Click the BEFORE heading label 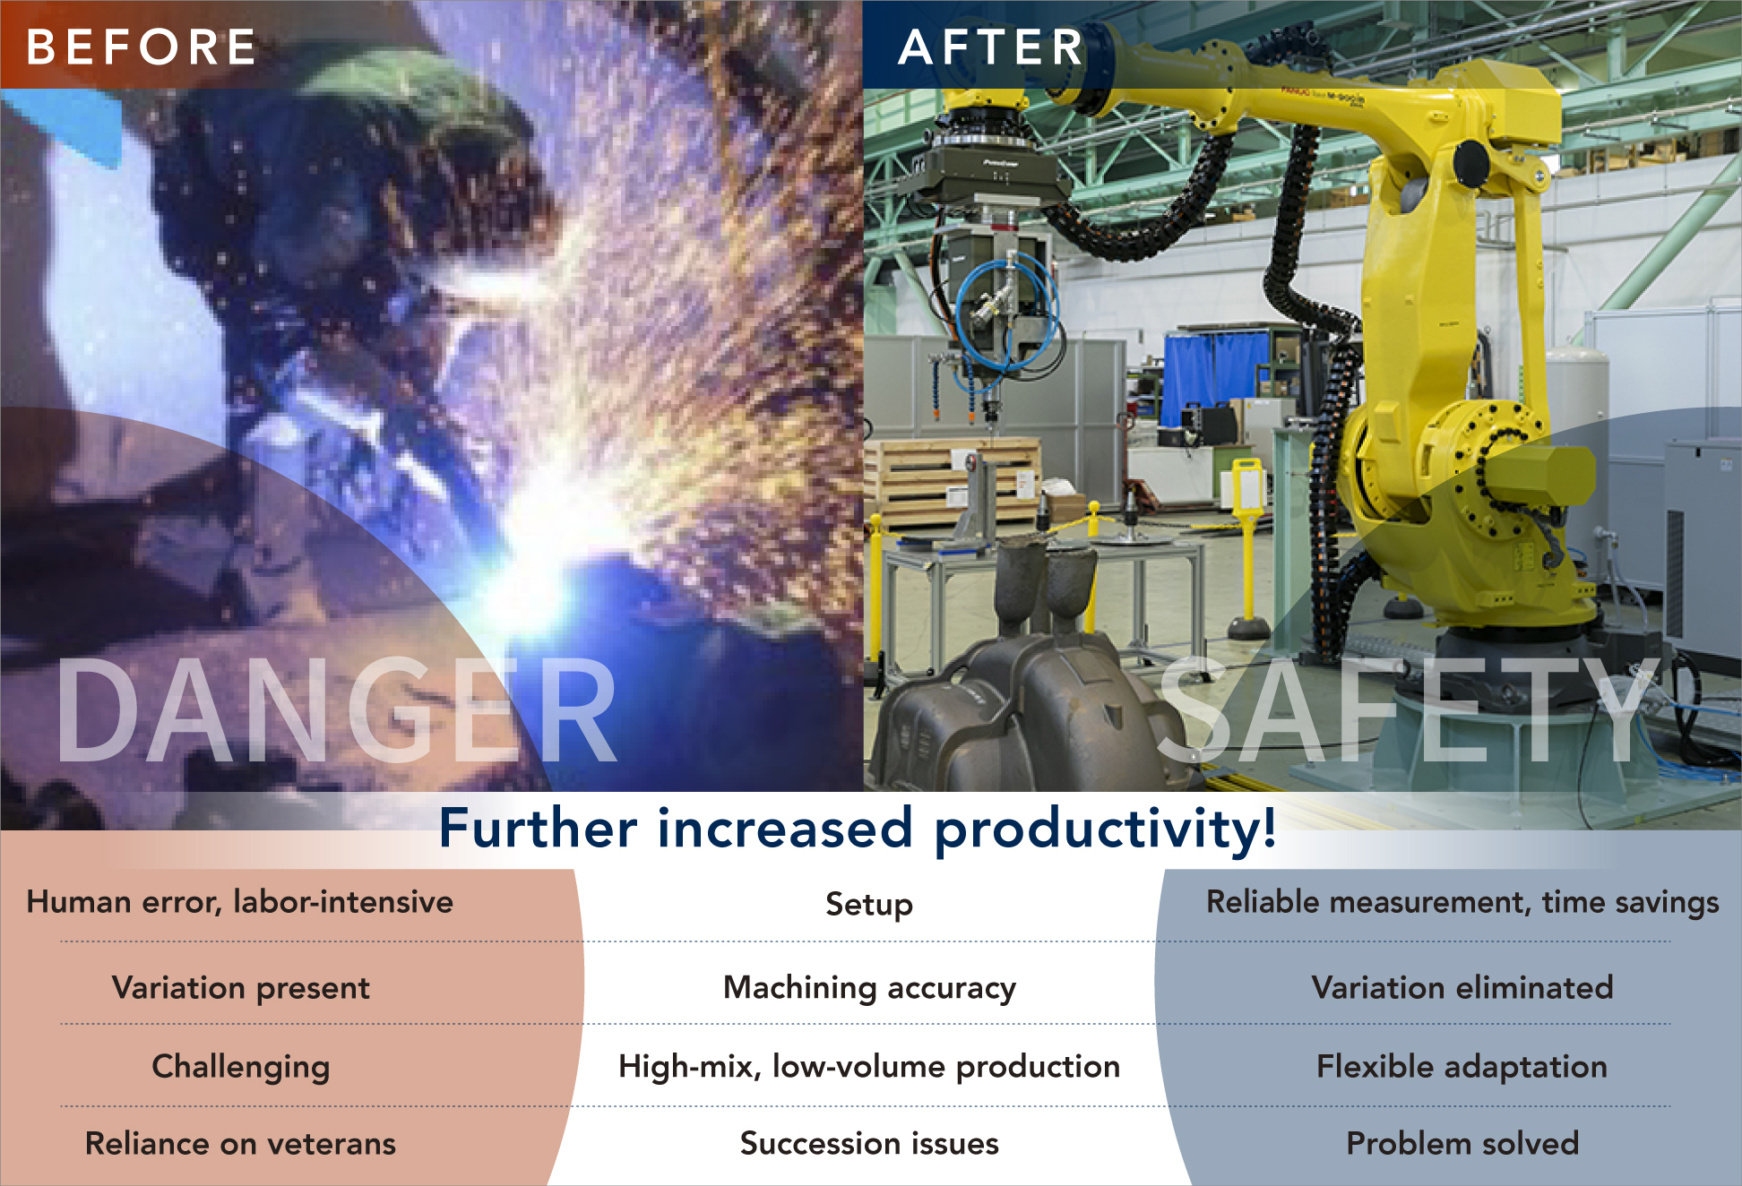point(141,47)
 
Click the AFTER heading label point(991,47)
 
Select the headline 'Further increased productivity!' point(858,828)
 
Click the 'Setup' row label point(869,905)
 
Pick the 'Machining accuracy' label point(869,988)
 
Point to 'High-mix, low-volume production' point(869,1067)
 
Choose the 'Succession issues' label point(869,1144)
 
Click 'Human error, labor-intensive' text point(240,902)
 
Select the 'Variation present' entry point(240,988)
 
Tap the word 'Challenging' point(240,1067)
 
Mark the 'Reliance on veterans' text point(240,1144)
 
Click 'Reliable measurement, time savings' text point(1462,902)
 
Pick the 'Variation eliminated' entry point(1462,988)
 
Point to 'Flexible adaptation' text point(1462,1067)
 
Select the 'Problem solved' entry point(1462,1144)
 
